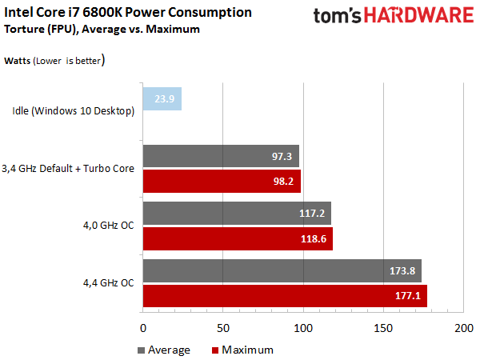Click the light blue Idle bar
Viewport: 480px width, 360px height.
pyautogui.click(x=162, y=99)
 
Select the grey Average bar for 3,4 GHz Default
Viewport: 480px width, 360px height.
pyautogui.click(x=221, y=156)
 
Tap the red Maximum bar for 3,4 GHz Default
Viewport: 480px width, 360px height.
pyautogui.click(x=222, y=181)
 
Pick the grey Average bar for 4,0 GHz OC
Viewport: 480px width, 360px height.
pyautogui.click(x=237, y=214)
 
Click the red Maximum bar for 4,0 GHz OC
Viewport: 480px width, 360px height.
pyautogui.click(x=238, y=238)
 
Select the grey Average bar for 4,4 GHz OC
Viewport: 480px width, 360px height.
pyautogui.click(x=282, y=270)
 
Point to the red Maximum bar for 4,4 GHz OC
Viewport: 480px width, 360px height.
pyautogui.click(x=285, y=295)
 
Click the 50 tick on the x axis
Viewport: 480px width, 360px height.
pyautogui.click(x=223, y=328)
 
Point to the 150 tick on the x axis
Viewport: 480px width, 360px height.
pyautogui.click(x=384, y=328)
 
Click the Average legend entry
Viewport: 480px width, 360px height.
pyautogui.click(x=164, y=350)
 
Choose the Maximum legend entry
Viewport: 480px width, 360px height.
pyautogui.click(x=242, y=350)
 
